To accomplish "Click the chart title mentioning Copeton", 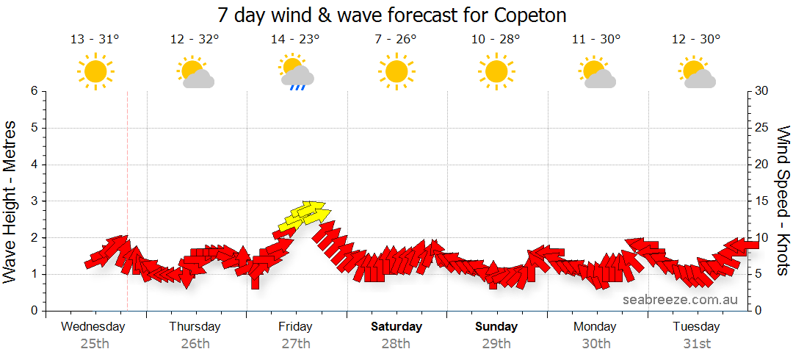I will point(392,15).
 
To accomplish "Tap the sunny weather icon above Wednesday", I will point(95,72).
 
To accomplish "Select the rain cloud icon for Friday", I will point(297,73).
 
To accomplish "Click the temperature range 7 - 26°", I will point(396,40).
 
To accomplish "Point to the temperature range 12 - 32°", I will point(195,40).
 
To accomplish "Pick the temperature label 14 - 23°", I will point(295,40).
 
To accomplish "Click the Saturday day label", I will point(396,326).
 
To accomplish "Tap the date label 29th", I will point(496,343).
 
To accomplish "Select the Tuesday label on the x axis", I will point(696,326).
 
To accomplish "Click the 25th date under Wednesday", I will point(95,343).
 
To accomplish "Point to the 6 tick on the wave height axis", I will point(33,91).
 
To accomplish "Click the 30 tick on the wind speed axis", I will point(761,91).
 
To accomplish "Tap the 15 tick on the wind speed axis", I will point(761,201).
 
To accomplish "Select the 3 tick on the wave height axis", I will point(33,201).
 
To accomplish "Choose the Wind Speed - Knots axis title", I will point(783,201).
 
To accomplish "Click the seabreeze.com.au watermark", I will point(680,300).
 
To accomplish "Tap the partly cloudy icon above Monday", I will point(596,73).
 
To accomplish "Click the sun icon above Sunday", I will point(496,72).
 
